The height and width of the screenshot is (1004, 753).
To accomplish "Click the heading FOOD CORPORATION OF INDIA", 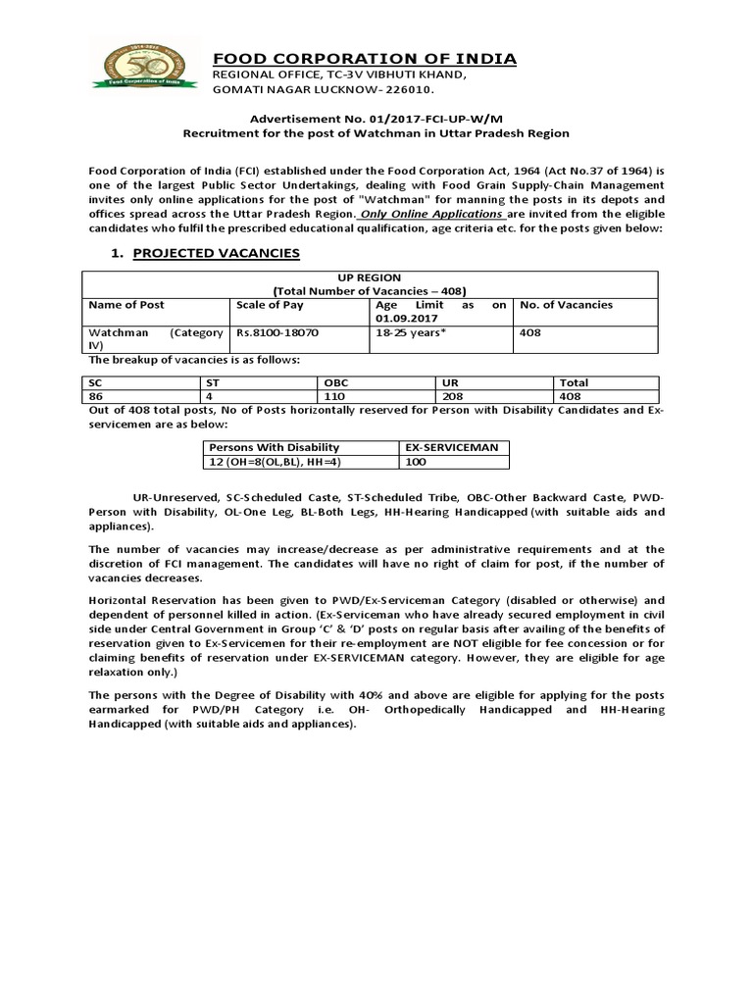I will point(365,60).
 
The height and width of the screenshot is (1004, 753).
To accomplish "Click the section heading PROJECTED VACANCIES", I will point(216,253).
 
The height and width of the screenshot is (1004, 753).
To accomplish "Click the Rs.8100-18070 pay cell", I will point(277,333).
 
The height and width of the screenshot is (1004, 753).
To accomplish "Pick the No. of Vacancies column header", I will point(566,305).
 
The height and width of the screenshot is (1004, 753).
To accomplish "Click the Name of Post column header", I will point(126,305).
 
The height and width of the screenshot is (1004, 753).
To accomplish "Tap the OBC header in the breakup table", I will point(335,383).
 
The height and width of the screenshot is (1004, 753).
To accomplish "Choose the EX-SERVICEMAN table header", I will point(451,447).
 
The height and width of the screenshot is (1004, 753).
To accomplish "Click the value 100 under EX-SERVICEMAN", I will point(416,462).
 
